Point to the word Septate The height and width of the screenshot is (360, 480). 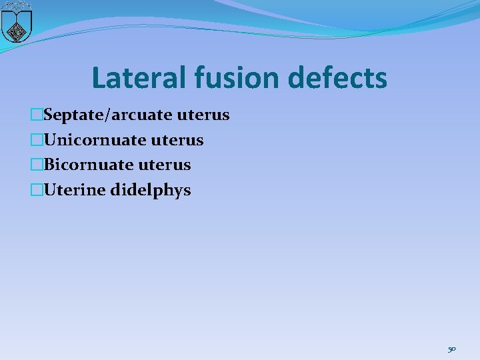pyautogui.click(x=71, y=115)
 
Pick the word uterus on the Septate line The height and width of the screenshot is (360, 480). pyautogui.click(x=203, y=115)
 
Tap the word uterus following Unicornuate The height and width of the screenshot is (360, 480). pyautogui.click(x=177, y=140)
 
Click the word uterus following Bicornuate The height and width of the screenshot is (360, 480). pyautogui.click(x=165, y=165)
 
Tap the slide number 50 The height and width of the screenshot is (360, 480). pyautogui.click(x=451, y=349)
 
